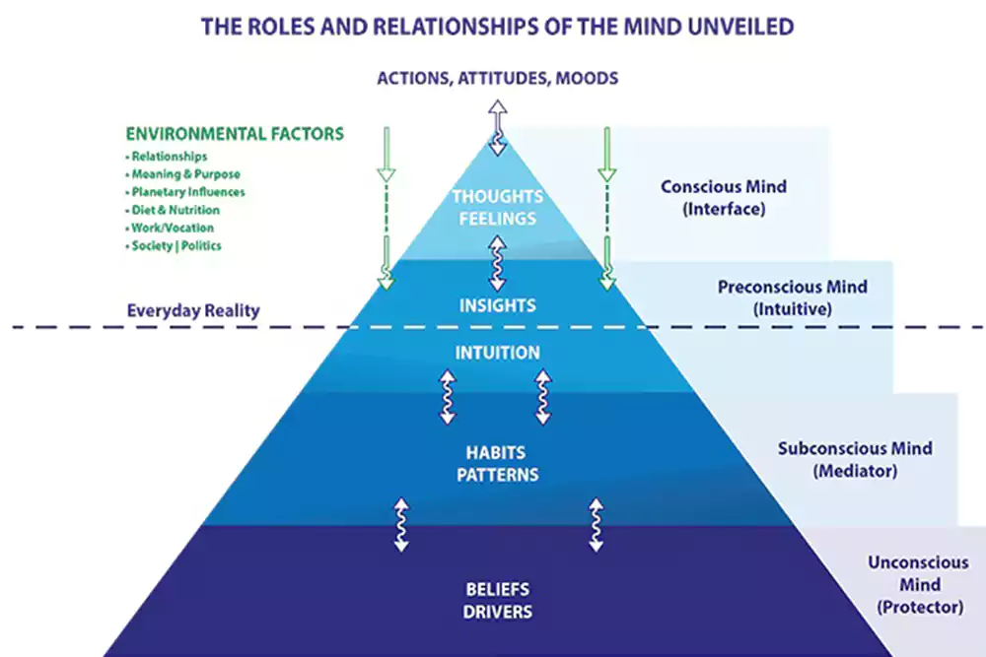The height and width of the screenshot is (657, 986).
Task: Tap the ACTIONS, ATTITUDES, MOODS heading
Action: [497, 78]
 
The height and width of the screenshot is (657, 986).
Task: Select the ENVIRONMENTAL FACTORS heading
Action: [235, 134]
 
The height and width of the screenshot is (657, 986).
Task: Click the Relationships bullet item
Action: [169, 157]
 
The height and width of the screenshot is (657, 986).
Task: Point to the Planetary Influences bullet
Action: [187, 192]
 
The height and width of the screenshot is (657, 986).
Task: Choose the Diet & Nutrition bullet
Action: [175, 210]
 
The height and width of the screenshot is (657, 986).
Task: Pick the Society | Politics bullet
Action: [178, 245]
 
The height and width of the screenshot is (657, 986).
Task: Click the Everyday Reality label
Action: [193, 310]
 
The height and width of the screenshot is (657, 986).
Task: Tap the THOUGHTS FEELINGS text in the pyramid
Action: [497, 207]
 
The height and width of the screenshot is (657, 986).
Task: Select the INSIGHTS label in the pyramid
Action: [498, 305]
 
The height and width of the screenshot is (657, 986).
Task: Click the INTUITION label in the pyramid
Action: [498, 352]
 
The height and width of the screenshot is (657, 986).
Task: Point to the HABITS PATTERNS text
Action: [498, 464]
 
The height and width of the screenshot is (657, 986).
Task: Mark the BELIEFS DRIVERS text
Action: [498, 601]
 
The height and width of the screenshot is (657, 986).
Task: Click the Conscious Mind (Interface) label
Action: [723, 197]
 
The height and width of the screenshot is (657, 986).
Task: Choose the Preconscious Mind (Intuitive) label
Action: [793, 297]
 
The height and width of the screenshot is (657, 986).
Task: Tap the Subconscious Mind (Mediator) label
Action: [855, 459]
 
